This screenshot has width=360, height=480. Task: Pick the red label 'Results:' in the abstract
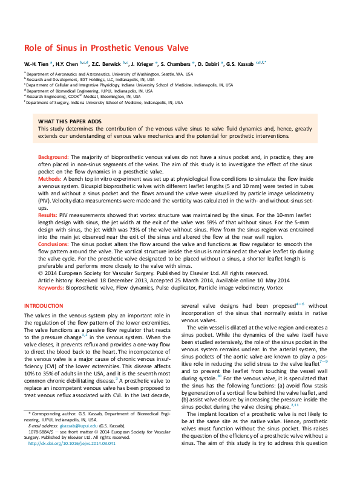(x=48, y=214)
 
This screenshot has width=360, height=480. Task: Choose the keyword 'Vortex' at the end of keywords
(x=273, y=288)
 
